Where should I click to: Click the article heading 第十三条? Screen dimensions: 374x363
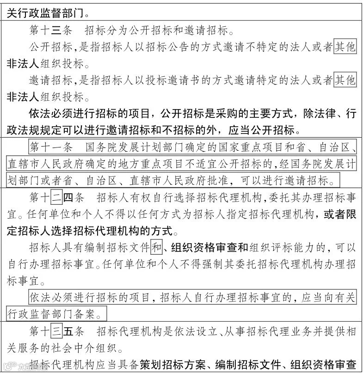pos(51,31)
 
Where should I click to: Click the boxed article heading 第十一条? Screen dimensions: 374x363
pos(51,147)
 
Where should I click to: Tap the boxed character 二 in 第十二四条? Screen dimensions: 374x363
pos(56,198)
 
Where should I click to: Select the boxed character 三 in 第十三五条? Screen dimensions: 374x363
pos(56,331)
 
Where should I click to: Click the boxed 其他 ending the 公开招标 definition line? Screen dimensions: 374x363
pos(345,47)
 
